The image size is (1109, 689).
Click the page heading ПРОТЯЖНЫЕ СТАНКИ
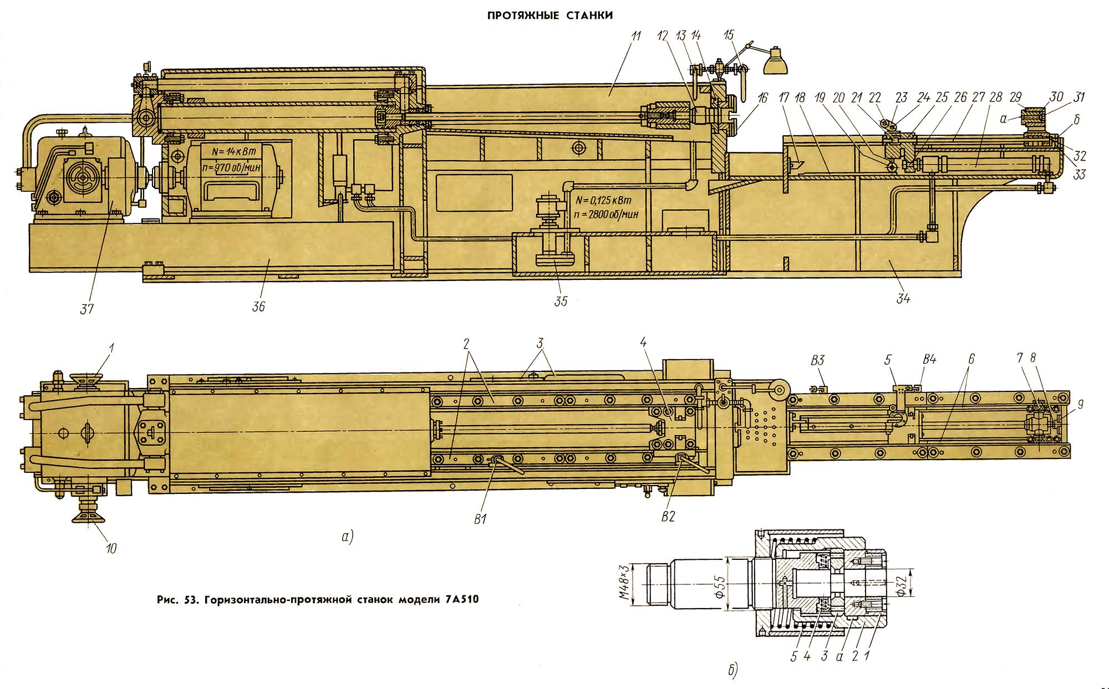[550, 16]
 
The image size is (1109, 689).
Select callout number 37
[87, 308]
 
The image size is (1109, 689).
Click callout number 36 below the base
[258, 306]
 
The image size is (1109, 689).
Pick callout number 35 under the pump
[561, 301]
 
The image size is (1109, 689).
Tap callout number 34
[903, 298]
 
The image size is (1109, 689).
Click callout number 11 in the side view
[635, 37]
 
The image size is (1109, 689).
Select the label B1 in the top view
[480, 519]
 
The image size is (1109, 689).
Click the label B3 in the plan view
[817, 360]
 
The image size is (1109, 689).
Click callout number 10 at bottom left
[111, 548]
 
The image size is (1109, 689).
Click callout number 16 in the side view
[763, 99]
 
